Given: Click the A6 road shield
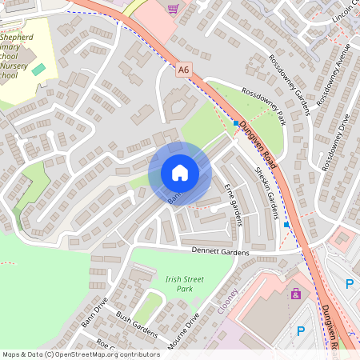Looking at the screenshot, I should coord(185,71).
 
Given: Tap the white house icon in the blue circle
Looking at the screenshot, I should coord(179,173).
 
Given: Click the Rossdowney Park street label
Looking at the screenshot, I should coord(263,106).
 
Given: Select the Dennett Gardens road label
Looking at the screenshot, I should coord(220,252).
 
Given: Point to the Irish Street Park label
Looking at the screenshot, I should coord(185,283).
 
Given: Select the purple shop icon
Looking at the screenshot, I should coord(297,294).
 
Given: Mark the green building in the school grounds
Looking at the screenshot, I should coord(38,70).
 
